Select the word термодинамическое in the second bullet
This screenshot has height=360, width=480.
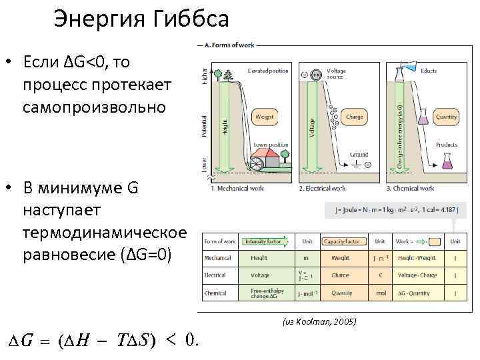pos(103,233)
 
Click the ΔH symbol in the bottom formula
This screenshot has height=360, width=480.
pos(79,341)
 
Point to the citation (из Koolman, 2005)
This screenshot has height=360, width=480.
pos(319,322)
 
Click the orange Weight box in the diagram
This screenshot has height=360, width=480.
pos(264,117)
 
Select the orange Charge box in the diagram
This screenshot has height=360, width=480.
pos(355,117)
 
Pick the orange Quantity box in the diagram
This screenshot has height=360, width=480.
pos(446,117)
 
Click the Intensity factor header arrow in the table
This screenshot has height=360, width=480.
pos(267,241)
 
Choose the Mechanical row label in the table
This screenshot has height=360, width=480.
pos(216,257)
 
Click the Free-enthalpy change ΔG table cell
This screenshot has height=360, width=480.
pos(267,292)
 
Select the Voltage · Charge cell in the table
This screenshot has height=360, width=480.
pos(417,275)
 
